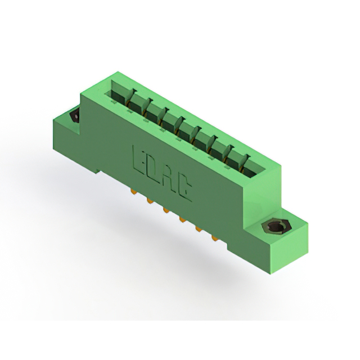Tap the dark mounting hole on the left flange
point(75,116)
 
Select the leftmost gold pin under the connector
point(133,191)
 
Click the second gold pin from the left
point(150,201)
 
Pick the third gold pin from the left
point(166,210)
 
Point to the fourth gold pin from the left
point(182,220)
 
